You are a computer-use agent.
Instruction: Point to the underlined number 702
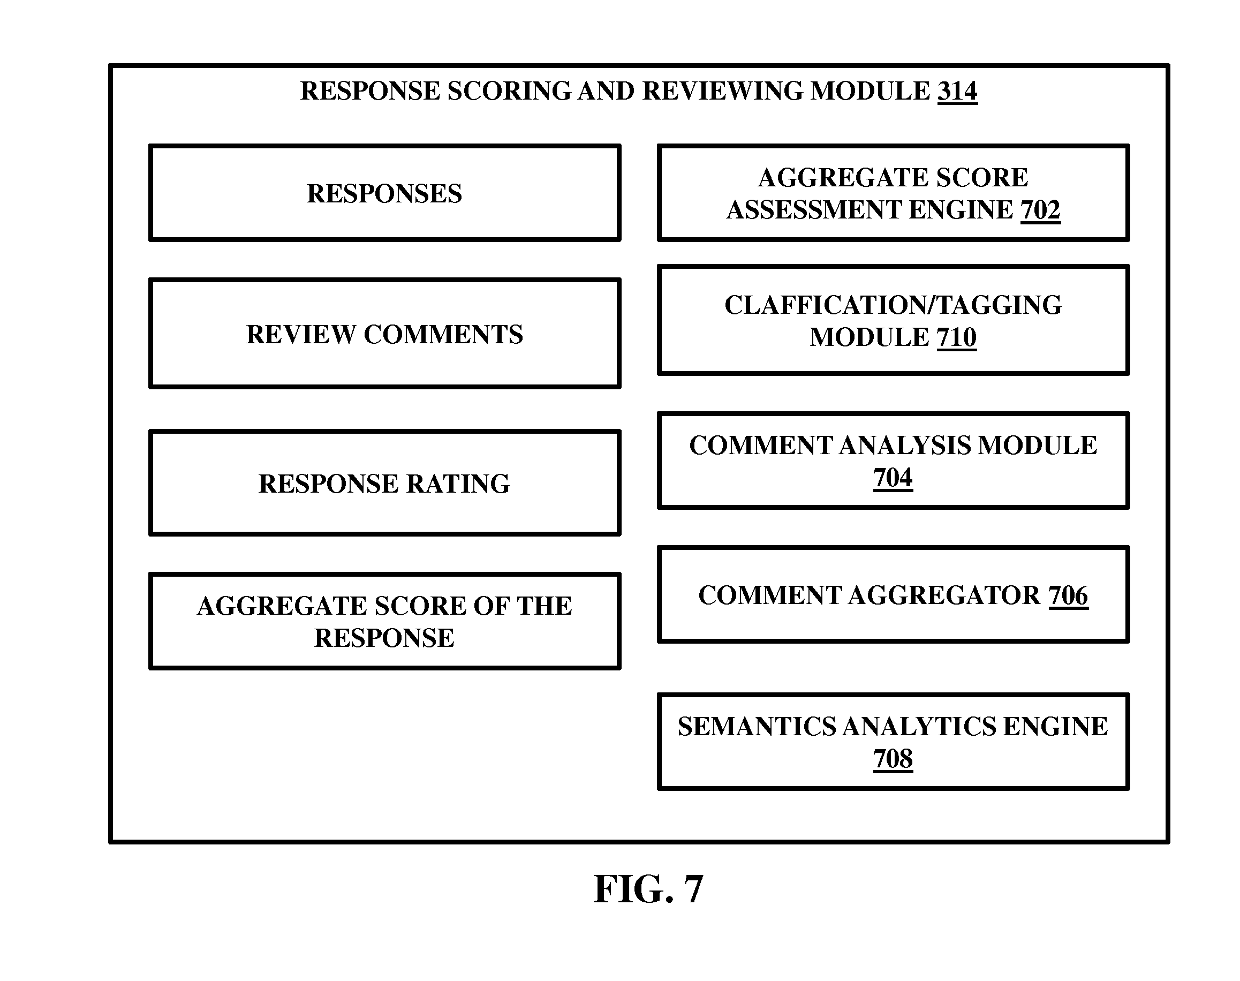(x=1040, y=209)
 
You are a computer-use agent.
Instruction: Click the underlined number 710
(x=956, y=337)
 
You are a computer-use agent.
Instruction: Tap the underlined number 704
(x=893, y=478)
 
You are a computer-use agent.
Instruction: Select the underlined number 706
(x=1068, y=595)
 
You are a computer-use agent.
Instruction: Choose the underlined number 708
(x=893, y=759)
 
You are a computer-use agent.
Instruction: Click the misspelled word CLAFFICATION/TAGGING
(x=893, y=305)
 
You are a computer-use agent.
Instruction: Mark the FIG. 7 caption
(x=648, y=889)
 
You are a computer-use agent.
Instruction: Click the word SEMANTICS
(x=757, y=727)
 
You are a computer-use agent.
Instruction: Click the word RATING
(x=458, y=484)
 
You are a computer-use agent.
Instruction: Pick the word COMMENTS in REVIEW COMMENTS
(x=443, y=334)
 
